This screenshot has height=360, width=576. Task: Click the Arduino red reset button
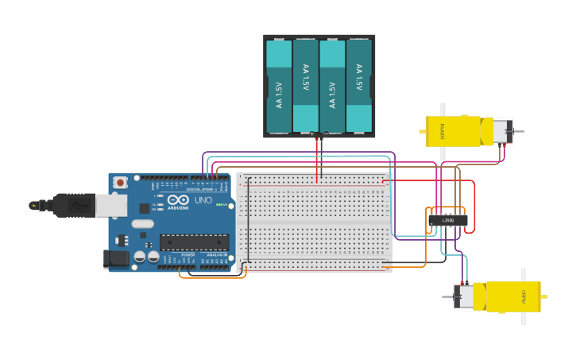click(120, 182)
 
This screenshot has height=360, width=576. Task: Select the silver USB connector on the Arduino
click(111, 206)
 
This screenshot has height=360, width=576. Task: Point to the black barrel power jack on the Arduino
click(116, 258)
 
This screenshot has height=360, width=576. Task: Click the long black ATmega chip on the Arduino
click(194, 242)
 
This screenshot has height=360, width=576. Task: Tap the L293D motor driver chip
click(447, 219)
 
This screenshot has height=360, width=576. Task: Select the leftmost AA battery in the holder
click(279, 86)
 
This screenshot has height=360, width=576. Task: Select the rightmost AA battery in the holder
click(359, 86)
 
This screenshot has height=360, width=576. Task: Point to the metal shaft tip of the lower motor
click(446, 297)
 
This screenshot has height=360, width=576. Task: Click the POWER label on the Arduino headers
click(188, 254)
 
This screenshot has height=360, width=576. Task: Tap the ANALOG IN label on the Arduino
click(216, 254)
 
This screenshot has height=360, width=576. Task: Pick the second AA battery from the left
click(306, 86)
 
